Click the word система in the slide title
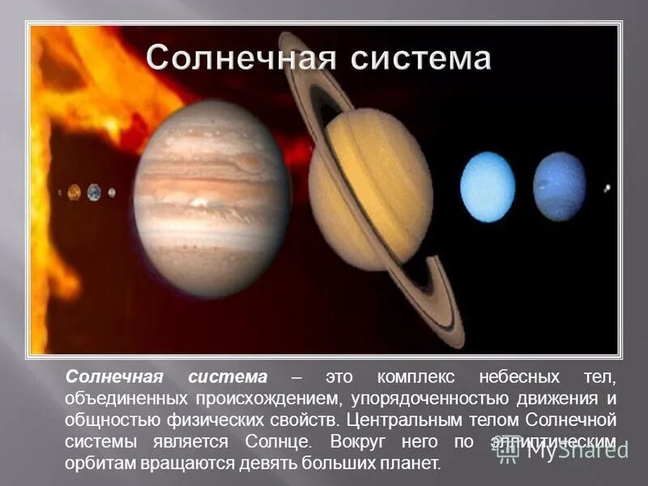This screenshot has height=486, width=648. pyautogui.click(x=412, y=59)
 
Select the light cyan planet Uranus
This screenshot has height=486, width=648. pyautogui.click(x=488, y=187)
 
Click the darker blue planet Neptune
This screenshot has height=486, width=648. pyautogui.click(x=559, y=186)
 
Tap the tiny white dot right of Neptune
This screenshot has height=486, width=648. pyautogui.click(x=607, y=189)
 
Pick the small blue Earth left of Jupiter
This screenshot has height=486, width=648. pyautogui.click(x=94, y=192)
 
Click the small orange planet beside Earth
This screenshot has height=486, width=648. pyautogui.click(x=75, y=192)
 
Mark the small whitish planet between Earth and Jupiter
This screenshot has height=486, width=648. pyautogui.click(x=112, y=193)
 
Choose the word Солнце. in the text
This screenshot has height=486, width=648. pyautogui.click(x=276, y=443)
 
